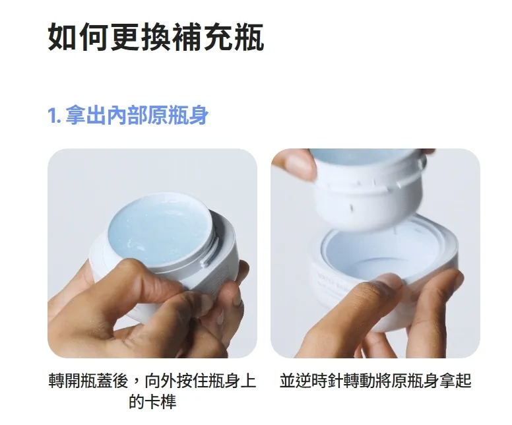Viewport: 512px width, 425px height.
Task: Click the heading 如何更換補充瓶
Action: [156, 37]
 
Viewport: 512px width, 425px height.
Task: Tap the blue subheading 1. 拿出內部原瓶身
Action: [128, 115]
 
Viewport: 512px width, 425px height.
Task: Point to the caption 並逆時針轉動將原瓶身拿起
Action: [375, 381]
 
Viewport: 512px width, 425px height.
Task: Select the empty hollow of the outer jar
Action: [385, 258]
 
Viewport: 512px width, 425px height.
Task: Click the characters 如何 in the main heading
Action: [78, 37]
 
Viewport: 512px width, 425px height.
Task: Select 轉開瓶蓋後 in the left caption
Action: [88, 381]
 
